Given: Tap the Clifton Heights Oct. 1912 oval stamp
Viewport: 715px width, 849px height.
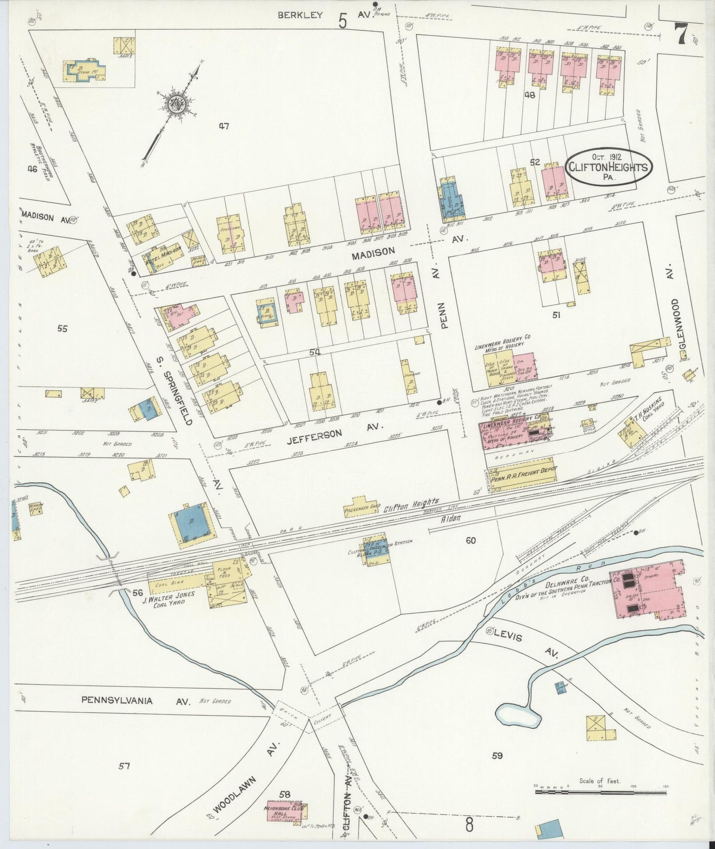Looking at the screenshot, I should coord(608,167).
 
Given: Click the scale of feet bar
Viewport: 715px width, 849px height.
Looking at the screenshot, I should coord(601,792).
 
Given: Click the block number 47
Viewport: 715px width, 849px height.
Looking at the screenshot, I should coord(224,126).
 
